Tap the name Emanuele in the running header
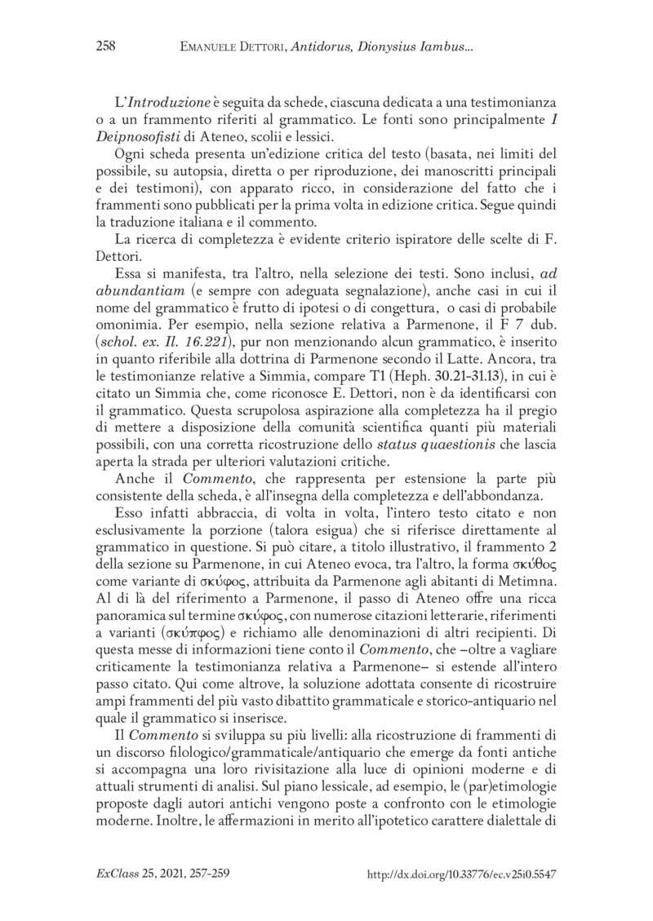pos(212,47)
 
